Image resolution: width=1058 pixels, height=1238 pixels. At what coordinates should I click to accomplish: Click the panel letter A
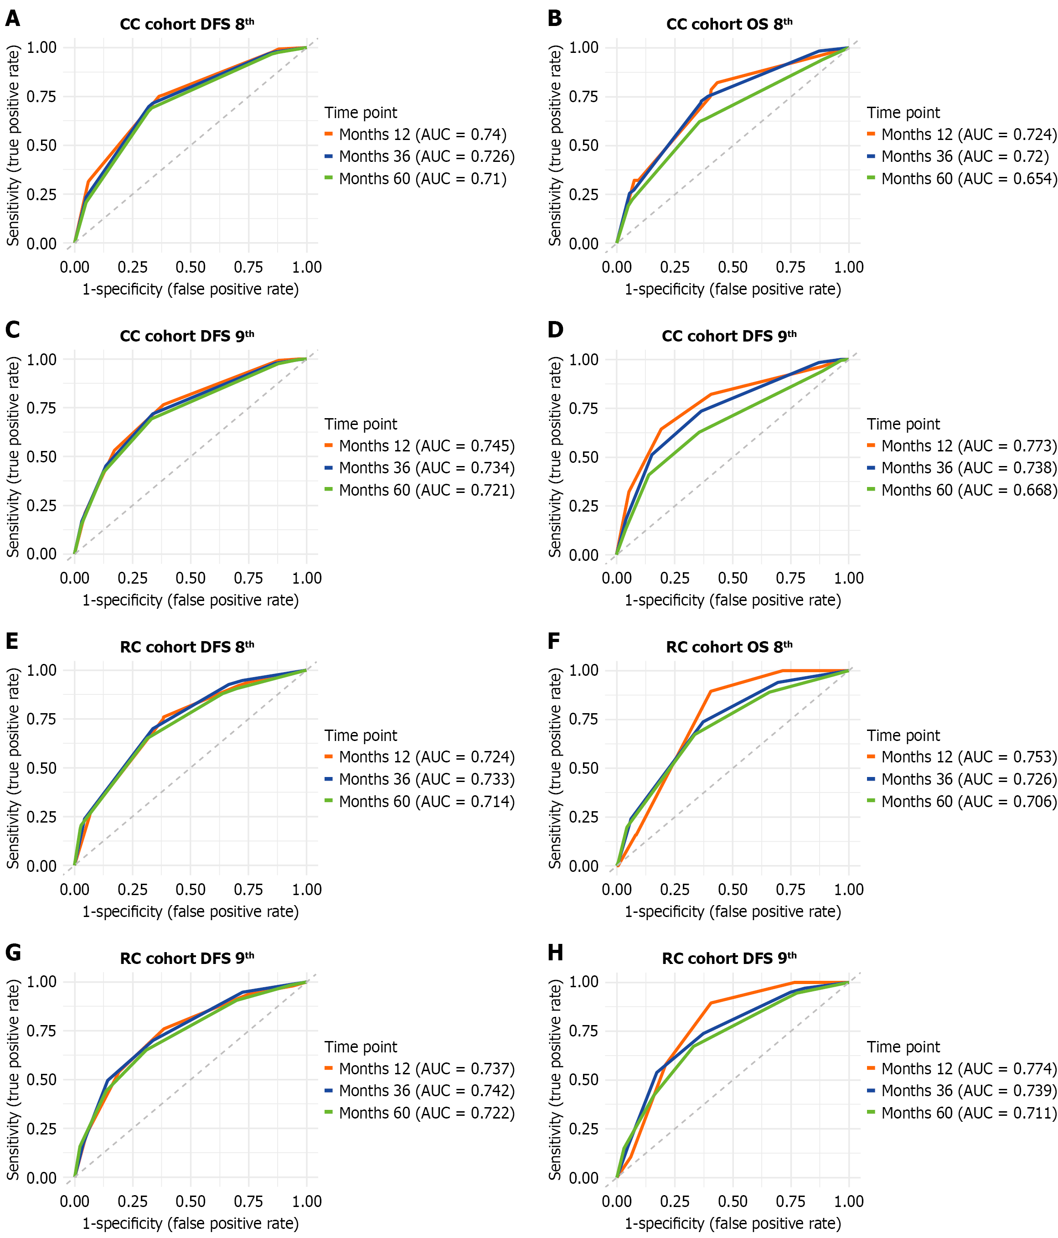[13, 19]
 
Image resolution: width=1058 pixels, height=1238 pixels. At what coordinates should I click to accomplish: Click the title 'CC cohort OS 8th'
[729, 25]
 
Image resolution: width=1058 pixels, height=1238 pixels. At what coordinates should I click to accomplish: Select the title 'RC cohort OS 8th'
[729, 647]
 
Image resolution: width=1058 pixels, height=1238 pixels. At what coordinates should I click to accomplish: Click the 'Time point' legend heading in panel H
[903, 1047]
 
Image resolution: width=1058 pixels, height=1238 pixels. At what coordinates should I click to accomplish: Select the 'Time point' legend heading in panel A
[361, 113]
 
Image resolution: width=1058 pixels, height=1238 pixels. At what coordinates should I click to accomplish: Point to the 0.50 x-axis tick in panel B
[733, 267]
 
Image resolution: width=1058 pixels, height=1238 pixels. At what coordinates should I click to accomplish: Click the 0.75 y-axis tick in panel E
[42, 719]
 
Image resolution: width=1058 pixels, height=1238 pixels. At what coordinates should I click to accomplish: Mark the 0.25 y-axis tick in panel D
[583, 506]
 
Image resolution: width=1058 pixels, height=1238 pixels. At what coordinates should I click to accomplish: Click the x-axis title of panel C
[191, 601]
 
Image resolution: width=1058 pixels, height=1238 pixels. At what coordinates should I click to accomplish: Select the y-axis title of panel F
[556, 768]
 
